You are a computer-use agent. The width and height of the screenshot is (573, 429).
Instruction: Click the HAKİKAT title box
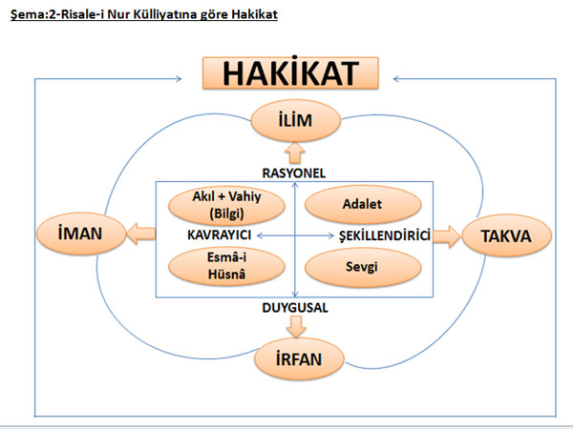click(x=290, y=73)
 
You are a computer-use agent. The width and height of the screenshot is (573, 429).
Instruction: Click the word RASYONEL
click(x=294, y=172)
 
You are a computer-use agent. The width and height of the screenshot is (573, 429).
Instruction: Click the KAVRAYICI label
click(x=218, y=234)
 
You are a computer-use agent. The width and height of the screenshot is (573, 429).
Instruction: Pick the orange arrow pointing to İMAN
click(x=142, y=233)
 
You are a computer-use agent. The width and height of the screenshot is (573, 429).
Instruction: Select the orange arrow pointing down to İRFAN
click(x=295, y=327)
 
